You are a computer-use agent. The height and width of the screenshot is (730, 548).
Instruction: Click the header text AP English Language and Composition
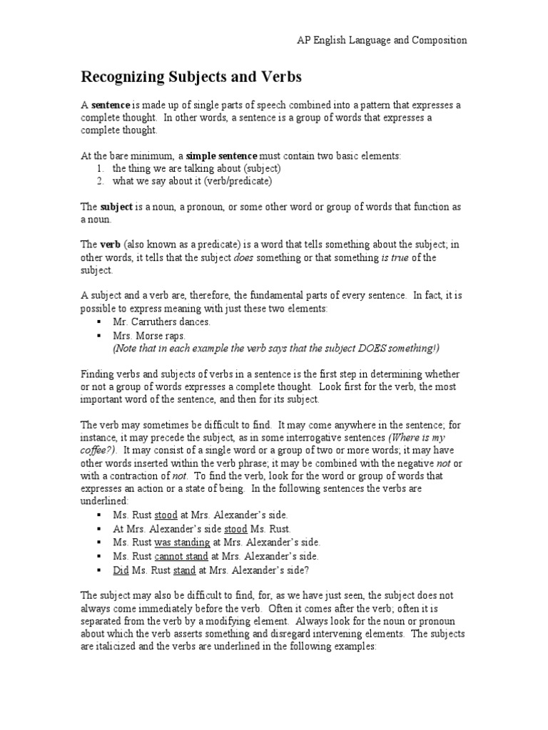[x=382, y=41]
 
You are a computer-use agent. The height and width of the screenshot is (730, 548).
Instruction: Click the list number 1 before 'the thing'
[x=100, y=168]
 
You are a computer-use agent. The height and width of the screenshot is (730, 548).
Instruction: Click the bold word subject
[x=116, y=207]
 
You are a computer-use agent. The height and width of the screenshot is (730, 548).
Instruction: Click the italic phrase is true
[x=395, y=258]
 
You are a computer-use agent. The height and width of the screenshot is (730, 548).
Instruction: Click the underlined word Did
[x=121, y=570]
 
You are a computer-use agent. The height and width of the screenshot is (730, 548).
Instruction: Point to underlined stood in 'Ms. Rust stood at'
[x=166, y=515]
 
